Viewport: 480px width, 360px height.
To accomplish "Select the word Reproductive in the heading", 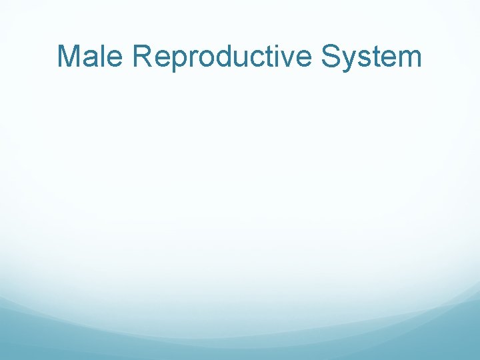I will (223, 57).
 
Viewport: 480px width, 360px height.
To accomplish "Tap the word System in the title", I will (371, 57).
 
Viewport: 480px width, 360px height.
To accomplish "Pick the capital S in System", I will (331, 57).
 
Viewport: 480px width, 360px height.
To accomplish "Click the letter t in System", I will (377, 57).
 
